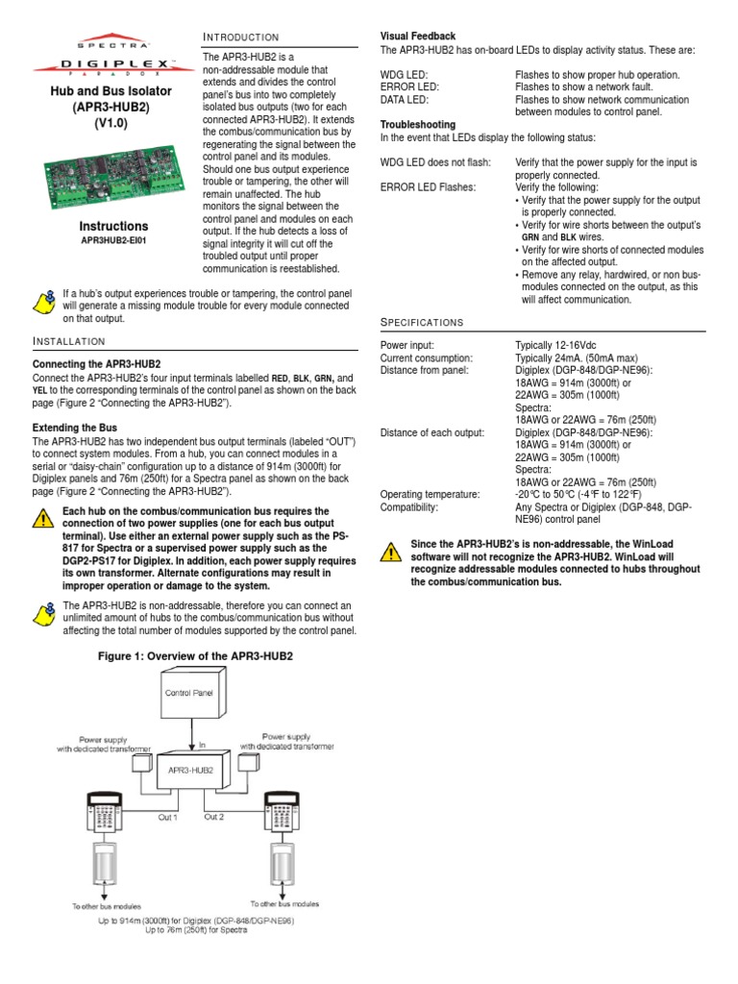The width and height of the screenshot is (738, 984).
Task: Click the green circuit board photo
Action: point(103,172)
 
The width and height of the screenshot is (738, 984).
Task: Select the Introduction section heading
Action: point(240,37)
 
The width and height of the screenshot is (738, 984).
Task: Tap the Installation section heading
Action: point(69,342)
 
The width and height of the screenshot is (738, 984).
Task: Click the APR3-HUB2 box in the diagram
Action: point(192,770)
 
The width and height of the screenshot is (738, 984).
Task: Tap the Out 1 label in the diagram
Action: point(167,817)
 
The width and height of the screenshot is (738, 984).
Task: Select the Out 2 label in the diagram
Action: point(213,817)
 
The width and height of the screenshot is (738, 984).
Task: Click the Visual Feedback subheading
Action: point(418,37)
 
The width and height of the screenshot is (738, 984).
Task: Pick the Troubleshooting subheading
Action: point(419,125)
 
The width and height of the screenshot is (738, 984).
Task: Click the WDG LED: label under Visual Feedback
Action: point(405,75)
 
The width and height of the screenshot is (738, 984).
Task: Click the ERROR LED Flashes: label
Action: point(428,188)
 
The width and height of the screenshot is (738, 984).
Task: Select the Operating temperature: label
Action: point(430,495)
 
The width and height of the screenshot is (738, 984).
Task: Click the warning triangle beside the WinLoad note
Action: point(390,552)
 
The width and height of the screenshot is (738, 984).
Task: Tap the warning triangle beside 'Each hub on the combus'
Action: point(43,520)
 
